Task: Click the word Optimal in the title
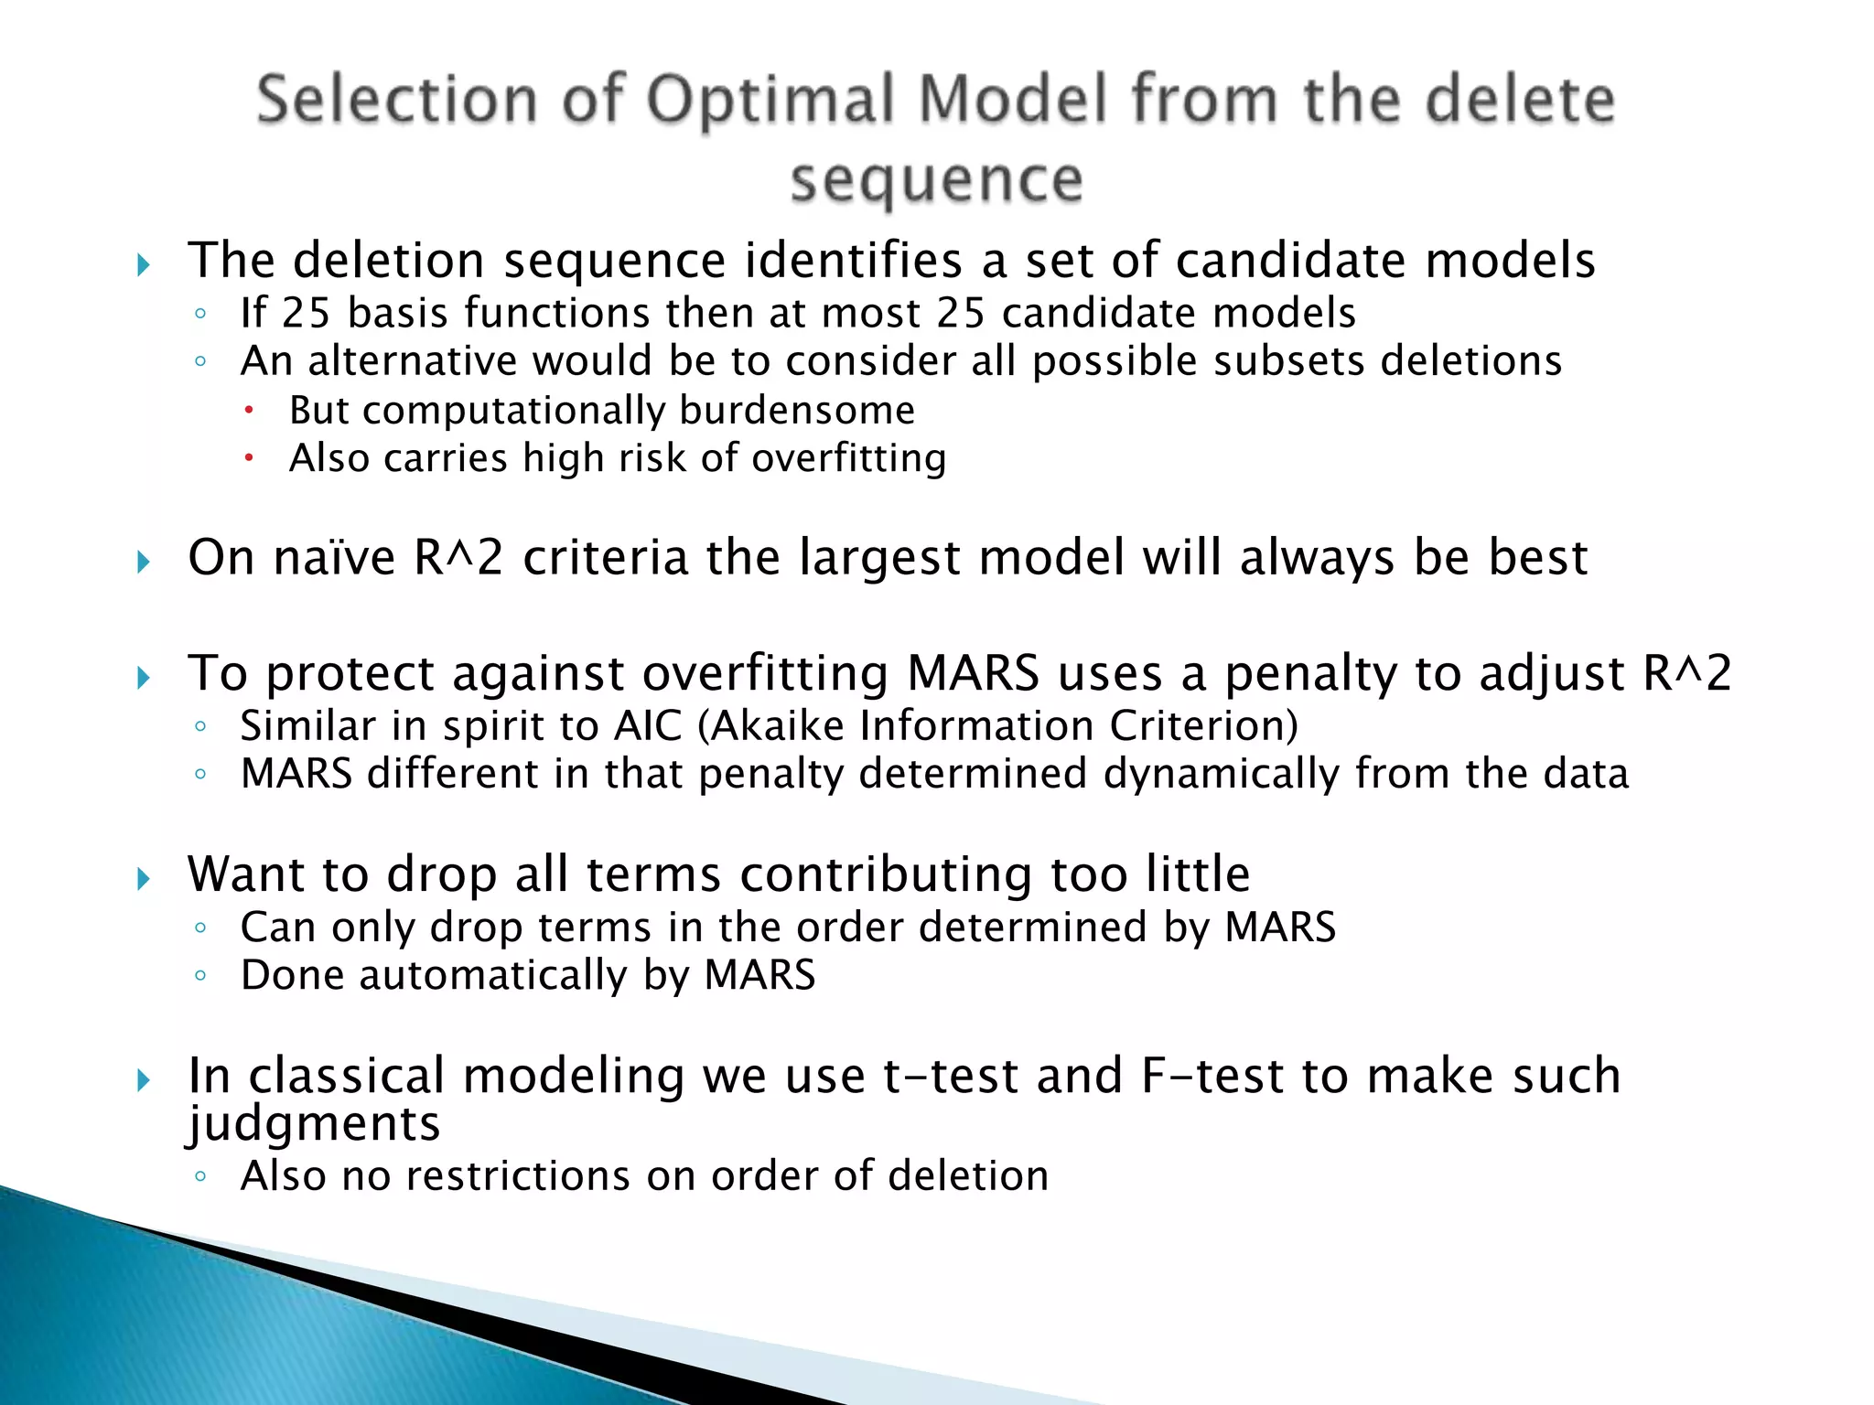click(771, 100)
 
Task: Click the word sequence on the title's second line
click(936, 179)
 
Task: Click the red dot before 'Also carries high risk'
click(248, 457)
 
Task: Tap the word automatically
click(492, 976)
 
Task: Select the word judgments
click(314, 1124)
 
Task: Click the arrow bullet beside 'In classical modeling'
click(144, 1080)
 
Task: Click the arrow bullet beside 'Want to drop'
click(144, 879)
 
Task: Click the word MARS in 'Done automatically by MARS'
click(759, 975)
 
